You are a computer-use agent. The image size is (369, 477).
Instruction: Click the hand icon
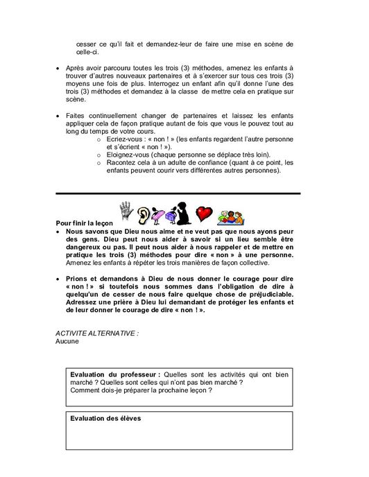tap(126, 210)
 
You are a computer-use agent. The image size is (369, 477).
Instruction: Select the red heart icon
tap(204, 213)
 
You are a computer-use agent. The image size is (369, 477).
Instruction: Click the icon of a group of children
tap(230, 216)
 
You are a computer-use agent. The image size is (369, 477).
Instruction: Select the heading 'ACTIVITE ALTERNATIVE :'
tap(97, 333)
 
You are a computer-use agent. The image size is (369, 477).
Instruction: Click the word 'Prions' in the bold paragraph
tap(77, 277)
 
